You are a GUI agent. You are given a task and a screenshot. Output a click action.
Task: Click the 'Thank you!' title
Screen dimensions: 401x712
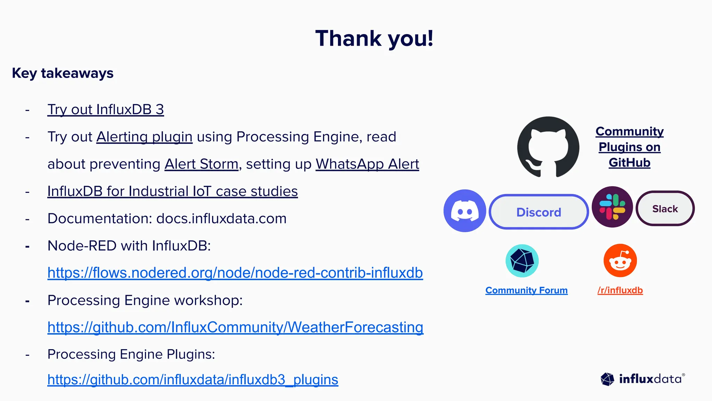click(x=374, y=38)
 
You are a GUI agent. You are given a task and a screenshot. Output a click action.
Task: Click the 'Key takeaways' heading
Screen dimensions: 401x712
click(x=63, y=73)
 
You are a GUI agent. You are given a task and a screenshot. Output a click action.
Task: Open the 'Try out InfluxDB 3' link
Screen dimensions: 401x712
click(x=105, y=110)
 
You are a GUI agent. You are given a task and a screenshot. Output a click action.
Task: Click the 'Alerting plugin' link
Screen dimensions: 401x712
click(x=144, y=137)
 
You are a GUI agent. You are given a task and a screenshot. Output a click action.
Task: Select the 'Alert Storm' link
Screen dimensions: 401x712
click(x=201, y=164)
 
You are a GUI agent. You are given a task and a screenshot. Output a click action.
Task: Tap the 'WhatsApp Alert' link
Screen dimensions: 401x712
click(x=367, y=164)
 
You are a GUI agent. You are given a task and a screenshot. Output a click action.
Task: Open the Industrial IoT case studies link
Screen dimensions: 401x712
click(x=172, y=191)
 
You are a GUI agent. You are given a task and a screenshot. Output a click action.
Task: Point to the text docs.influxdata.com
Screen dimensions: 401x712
click(x=221, y=219)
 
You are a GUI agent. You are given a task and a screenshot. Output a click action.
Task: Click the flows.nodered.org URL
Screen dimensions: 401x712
click(x=235, y=273)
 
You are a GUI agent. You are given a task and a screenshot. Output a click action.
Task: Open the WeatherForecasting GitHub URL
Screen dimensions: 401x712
click(x=235, y=327)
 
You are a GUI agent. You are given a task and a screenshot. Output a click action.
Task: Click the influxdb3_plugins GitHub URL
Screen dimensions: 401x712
click(x=193, y=379)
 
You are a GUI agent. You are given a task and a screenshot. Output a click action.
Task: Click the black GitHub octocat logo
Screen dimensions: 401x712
click(x=548, y=147)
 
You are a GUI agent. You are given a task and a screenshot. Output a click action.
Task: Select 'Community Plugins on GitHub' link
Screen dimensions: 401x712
click(x=629, y=147)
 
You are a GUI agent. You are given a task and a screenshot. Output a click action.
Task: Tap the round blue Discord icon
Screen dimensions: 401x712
click(x=465, y=211)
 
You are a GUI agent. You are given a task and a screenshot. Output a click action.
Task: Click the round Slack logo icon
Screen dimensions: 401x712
click(x=612, y=207)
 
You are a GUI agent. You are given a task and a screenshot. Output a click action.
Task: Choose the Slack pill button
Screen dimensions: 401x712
click(x=665, y=209)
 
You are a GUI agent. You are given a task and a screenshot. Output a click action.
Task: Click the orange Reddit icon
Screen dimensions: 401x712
click(x=620, y=261)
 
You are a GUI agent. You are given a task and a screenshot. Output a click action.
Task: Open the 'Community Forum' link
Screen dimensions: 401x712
click(x=526, y=290)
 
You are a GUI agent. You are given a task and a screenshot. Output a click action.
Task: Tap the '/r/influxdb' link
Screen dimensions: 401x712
click(x=620, y=290)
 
